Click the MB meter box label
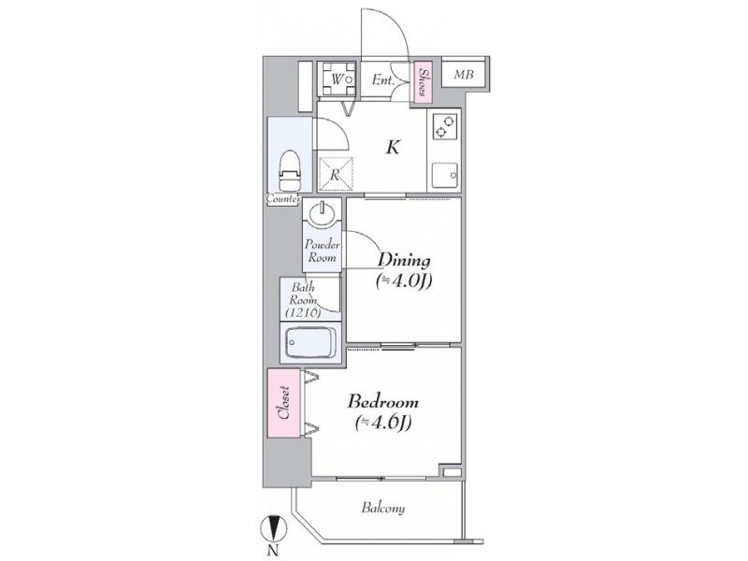click(x=464, y=75)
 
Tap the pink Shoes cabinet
click(x=423, y=82)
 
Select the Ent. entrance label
click(x=383, y=80)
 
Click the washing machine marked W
click(x=338, y=79)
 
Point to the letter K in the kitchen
click(x=393, y=147)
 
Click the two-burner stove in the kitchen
click(x=445, y=126)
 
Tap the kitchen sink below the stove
click(x=445, y=176)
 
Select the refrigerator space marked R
click(x=336, y=174)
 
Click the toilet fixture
click(x=290, y=171)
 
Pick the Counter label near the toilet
click(x=283, y=199)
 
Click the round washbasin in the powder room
click(x=323, y=214)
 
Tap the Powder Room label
click(x=322, y=251)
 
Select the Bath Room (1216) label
click(x=303, y=300)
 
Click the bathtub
click(x=310, y=342)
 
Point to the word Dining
click(x=404, y=261)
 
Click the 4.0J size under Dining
click(x=404, y=281)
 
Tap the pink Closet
click(x=284, y=403)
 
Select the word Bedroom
click(x=383, y=402)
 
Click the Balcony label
click(x=383, y=508)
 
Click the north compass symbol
click(x=273, y=528)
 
